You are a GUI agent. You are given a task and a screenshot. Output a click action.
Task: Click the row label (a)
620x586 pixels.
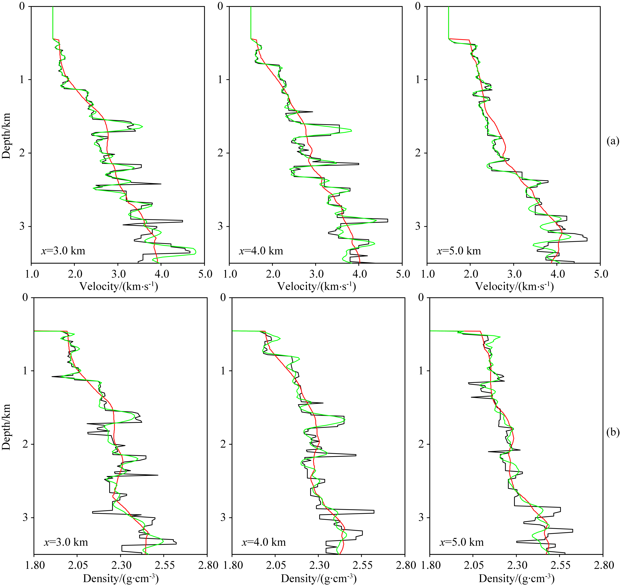[612, 141]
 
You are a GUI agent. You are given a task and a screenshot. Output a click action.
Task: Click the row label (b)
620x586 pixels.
[612, 432]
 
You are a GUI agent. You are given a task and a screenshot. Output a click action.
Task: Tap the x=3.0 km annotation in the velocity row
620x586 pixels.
[63, 251]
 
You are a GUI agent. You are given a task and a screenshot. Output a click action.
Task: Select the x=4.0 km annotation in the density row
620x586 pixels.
[264, 542]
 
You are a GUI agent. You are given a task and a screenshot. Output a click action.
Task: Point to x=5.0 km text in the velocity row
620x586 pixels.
[459, 251]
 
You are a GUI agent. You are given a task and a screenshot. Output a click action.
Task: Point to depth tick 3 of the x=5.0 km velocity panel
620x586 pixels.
[418, 226]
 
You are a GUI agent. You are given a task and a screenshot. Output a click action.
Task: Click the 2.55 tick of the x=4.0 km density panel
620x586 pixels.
[361, 565]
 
